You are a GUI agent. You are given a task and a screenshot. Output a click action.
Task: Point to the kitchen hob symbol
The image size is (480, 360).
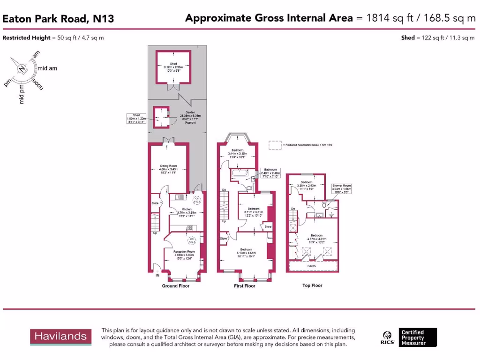[191, 228]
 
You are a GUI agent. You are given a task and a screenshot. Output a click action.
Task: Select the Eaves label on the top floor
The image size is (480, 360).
[311, 266]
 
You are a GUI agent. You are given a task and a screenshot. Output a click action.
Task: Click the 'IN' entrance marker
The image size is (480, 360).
[157, 276]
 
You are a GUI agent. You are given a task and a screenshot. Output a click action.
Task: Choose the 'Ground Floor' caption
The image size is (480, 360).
[175, 286]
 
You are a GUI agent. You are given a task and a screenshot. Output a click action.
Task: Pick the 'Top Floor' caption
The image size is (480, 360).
[312, 285]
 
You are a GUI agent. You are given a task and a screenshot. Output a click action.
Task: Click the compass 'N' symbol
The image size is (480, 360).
[21, 68]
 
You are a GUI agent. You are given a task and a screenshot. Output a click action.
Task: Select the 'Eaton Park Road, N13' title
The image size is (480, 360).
[58, 19]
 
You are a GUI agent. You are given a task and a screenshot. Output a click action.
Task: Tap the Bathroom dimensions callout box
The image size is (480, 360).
[270, 172]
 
